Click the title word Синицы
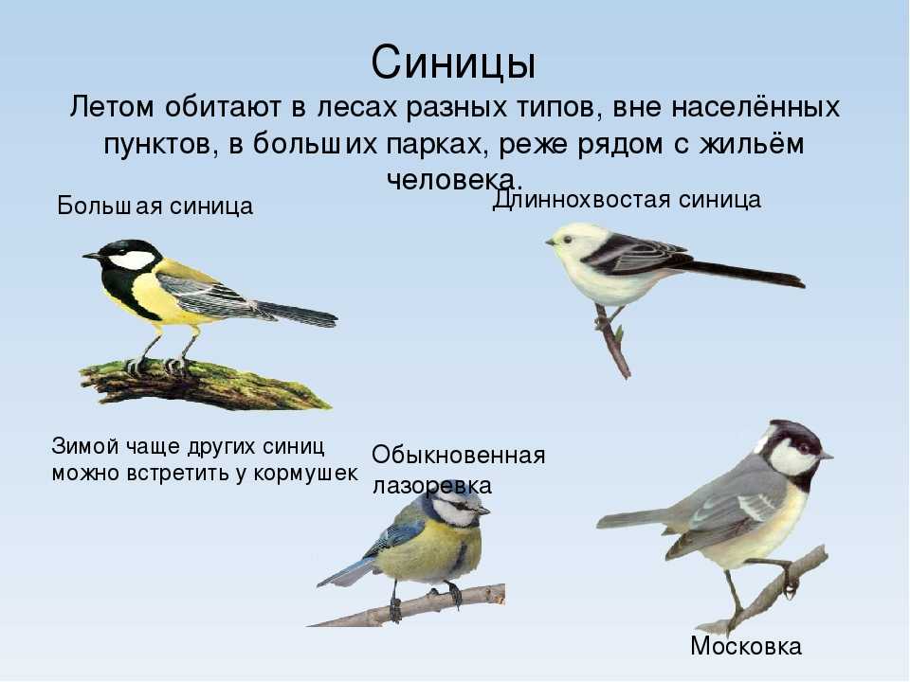453,63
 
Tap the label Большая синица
155,206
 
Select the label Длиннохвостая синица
627,200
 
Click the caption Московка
746,646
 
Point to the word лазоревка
432,486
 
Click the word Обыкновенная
459,456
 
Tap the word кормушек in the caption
306,474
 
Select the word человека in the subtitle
455,179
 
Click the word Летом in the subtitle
112,108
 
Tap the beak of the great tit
91,255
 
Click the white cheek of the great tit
133,260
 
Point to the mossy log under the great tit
203,384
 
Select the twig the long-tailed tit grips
613,342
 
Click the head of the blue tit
459,505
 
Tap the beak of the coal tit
827,456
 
